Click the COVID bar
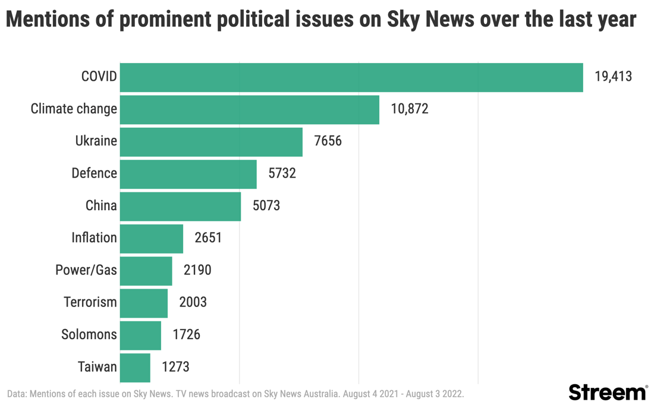[351, 77]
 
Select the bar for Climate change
[250, 109]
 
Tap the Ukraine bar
[211, 141]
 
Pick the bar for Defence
[188, 173]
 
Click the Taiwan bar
[135, 367]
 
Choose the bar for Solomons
[140, 335]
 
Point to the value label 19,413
[613, 77]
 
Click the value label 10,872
[410, 109]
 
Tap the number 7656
[328, 141]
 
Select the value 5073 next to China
[266, 206]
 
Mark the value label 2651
[208, 238]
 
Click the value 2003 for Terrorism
[193, 302]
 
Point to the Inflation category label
[94, 238]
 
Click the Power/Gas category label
[86, 270]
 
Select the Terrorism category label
[90, 302]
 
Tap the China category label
[101, 206]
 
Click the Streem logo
[608, 393]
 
